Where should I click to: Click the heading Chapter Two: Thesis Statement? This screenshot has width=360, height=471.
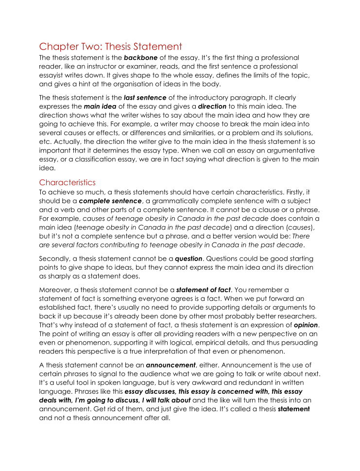click(x=110, y=47)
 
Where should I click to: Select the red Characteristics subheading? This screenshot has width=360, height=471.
click(x=67, y=183)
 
